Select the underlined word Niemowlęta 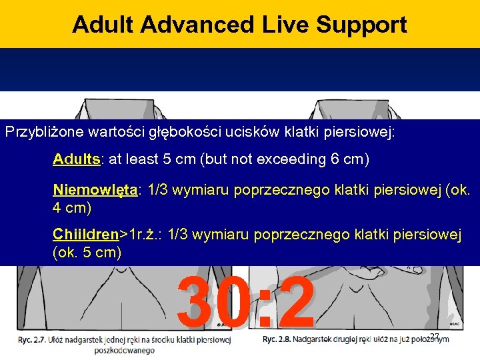[95, 191]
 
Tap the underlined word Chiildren [85, 235]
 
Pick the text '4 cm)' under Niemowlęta [72, 207]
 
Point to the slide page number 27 [435, 336]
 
